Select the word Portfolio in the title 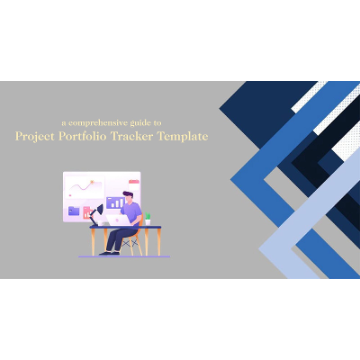83,137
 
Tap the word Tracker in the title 135,137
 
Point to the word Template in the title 183,137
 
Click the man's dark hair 128,194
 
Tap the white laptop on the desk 115,219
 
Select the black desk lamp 97,213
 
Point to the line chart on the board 83,187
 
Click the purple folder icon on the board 74,211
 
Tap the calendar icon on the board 133,181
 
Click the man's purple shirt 132,214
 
